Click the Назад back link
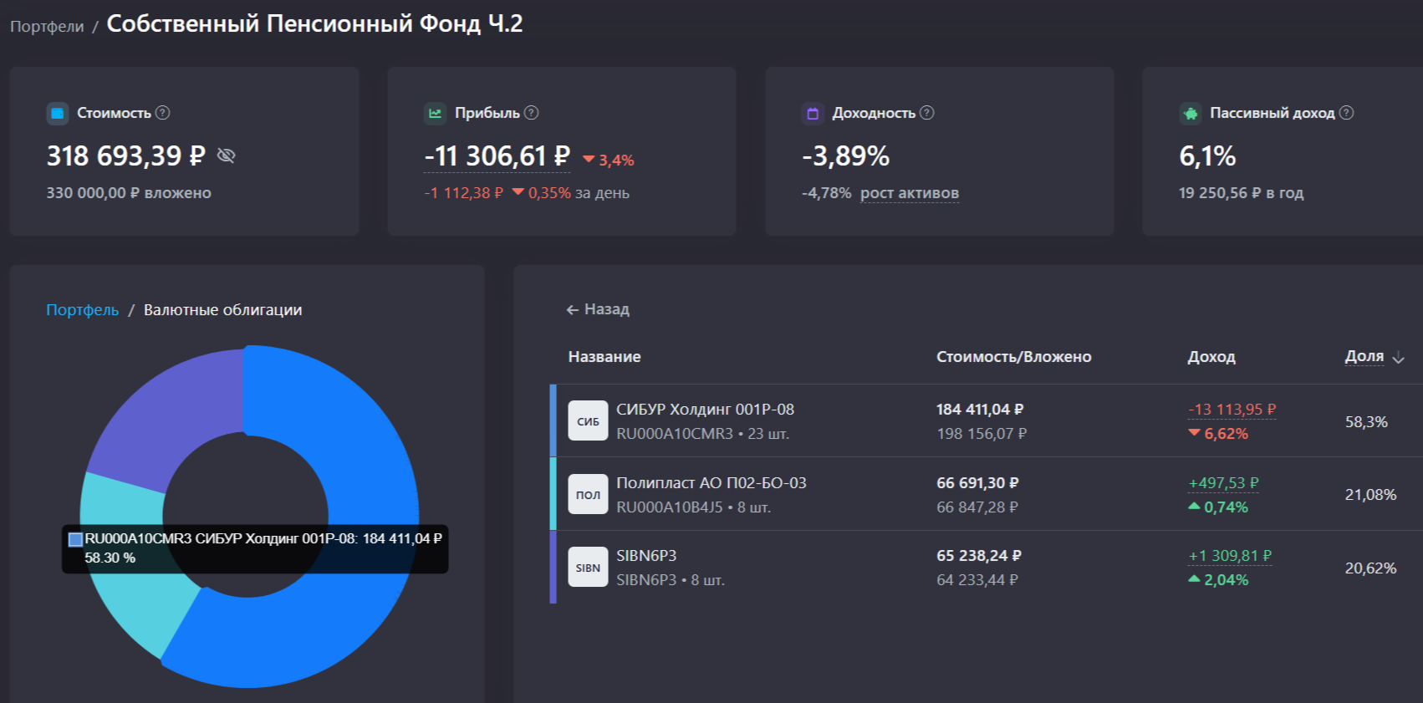[598, 309]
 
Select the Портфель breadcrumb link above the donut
[82, 310]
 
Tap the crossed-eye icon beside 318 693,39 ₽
[226, 155]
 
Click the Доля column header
[1364, 356]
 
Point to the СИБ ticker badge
[588, 420]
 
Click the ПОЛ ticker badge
[588, 494]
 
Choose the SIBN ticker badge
[588, 568]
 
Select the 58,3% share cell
[1366, 422]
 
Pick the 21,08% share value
[1370, 495]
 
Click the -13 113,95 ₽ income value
[1232, 410]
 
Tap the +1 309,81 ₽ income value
[1230, 556]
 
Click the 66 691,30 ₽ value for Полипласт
[977, 483]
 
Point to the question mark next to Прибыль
[532, 113]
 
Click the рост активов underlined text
[909, 193]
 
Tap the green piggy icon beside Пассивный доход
[1190, 113]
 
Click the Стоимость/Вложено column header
[1013, 357]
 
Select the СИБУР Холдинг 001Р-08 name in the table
[705, 410]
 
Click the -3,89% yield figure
[845, 156]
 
